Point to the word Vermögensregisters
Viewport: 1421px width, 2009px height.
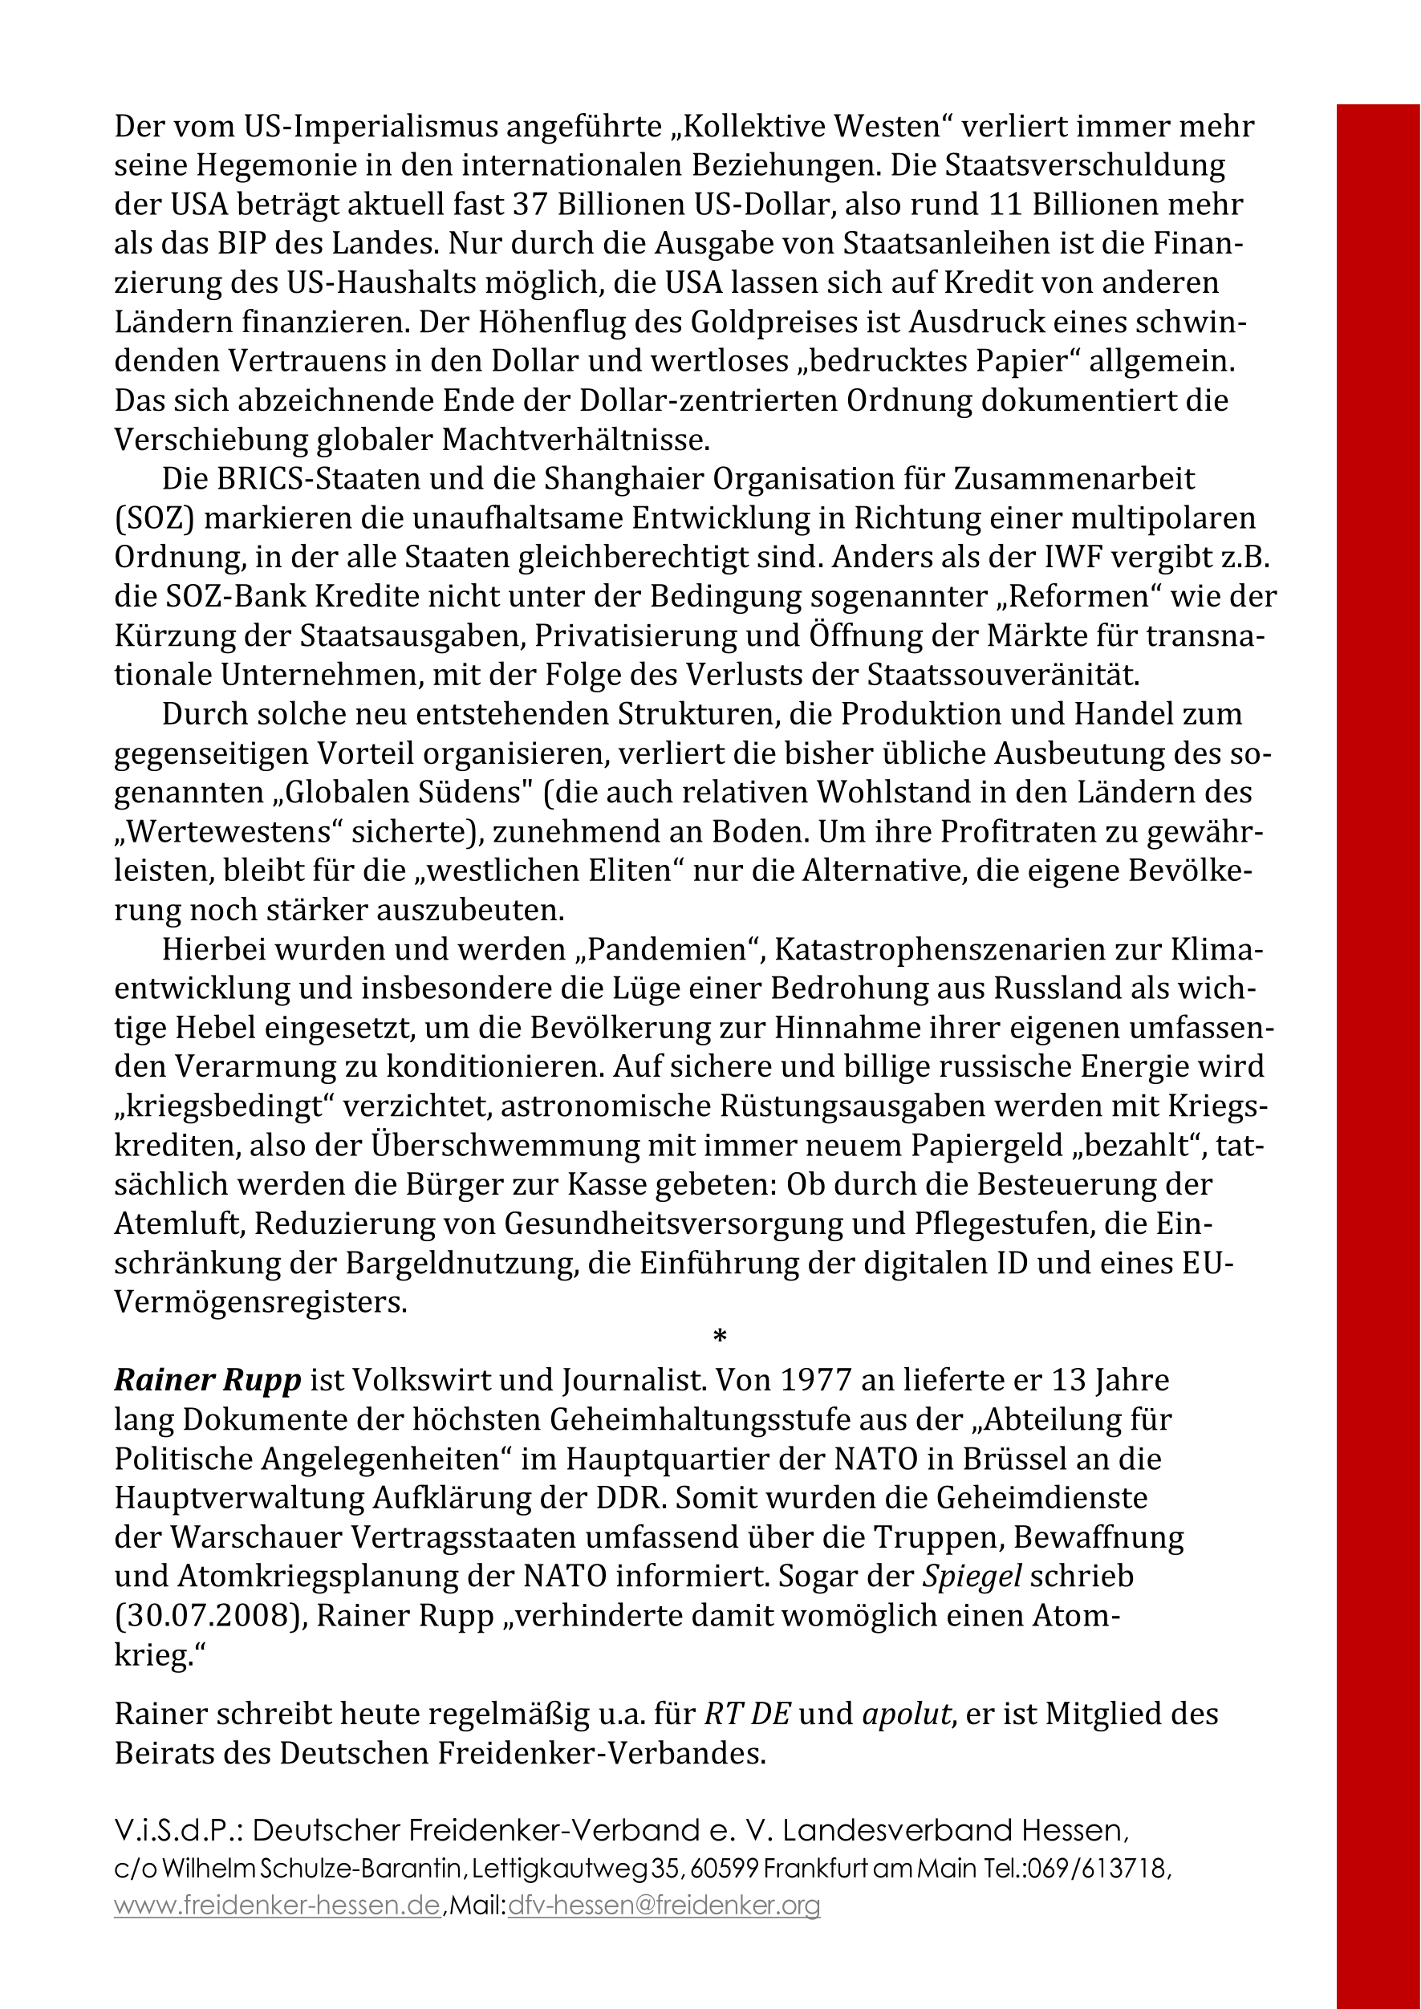[x=260, y=1303]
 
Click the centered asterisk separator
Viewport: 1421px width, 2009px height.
[x=719, y=1337]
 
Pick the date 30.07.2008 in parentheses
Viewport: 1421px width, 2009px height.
[x=207, y=1616]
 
